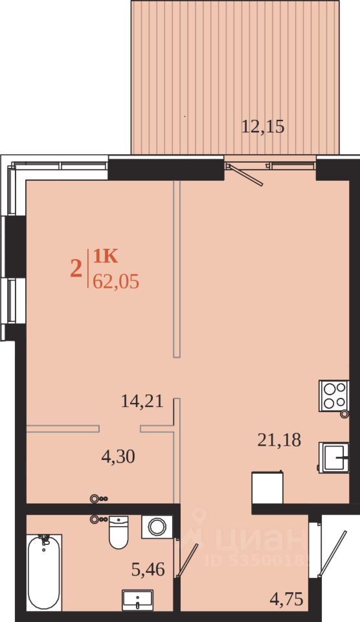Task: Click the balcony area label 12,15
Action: (263, 127)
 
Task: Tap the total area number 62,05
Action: (116, 282)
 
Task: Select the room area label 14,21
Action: (142, 402)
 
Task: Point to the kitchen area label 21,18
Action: (279, 440)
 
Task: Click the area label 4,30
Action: (118, 457)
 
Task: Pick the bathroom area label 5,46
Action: (148, 570)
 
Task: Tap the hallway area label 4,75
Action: (286, 599)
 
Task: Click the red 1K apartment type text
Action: (105, 257)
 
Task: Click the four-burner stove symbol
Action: (334, 395)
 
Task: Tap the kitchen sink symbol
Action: (335, 457)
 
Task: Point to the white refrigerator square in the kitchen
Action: (267, 487)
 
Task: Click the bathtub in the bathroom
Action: (44, 571)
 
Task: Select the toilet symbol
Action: (118, 532)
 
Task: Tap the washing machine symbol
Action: (157, 526)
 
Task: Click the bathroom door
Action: (186, 560)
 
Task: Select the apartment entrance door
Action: (331, 553)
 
